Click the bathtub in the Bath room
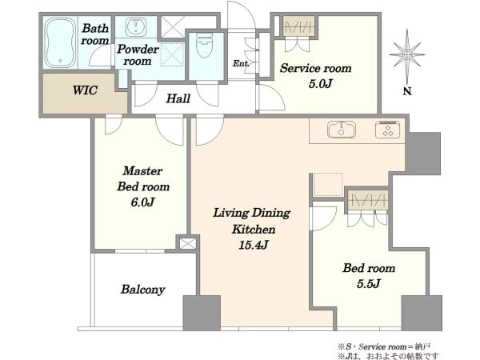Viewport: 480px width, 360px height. pos(60,42)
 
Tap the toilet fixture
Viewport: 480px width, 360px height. pos(204,46)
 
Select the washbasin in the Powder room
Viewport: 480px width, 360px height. pos(136,27)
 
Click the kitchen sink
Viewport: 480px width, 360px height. pos(342,130)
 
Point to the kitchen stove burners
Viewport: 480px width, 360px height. pos(387,130)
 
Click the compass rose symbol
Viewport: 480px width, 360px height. pos(407,55)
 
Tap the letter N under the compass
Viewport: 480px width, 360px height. pos(407,91)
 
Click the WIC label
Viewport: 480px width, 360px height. pos(85,90)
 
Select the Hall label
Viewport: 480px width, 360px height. pos(178,98)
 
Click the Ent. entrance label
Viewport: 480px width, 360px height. pos(241,63)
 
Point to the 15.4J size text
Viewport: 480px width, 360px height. pos(254,245)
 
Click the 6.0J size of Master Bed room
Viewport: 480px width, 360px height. pos(142,202)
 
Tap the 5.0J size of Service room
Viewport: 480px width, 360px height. pos(320,83)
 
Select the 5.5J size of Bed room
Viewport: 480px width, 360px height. pos(369,284)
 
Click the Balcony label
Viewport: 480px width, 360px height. pos(143,290)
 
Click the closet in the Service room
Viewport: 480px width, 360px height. pos(299,27)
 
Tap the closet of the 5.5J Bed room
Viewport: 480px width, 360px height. pos(368,200)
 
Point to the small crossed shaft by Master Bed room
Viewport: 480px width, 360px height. pos(187,244)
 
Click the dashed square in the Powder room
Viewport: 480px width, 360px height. pos(172,54)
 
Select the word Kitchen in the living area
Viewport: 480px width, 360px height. pos(254,230)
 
